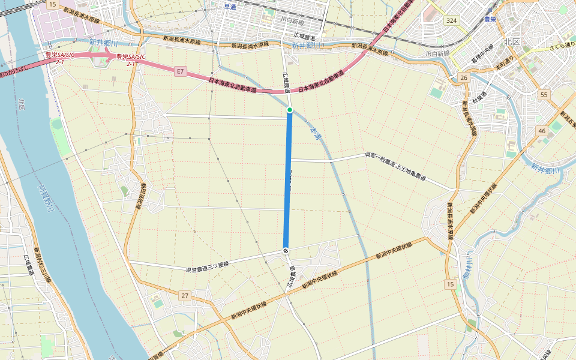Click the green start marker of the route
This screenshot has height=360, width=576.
click(x=290, y=110)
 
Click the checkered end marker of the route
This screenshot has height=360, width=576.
click(x=286, y=250)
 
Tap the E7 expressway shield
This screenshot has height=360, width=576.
click(x=179, y=71)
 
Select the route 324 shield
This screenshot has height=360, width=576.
click(x=452, y=20)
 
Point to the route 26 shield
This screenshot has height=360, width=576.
click(x=463, y=78)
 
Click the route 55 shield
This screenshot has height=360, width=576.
click(x=544, y=95)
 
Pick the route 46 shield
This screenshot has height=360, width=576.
click(x=541, y=130)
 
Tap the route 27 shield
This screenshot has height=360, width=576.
click(x=185, y=296)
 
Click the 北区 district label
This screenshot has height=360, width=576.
click(x=512, y=42)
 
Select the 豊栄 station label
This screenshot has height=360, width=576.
click(x=492, y=19)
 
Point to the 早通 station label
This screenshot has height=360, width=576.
click(x=230, y=7)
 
